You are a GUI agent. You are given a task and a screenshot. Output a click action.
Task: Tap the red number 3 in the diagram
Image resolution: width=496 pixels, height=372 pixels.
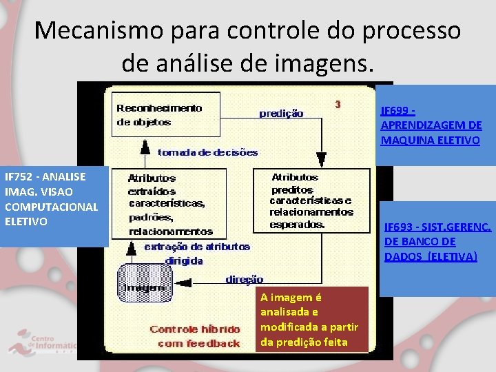click(338, 105)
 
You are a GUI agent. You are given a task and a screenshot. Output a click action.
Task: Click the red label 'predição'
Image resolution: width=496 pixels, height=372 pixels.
click(281, 113)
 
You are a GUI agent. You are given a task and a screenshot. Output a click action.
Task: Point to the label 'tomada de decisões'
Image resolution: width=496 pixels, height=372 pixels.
click(207, 152)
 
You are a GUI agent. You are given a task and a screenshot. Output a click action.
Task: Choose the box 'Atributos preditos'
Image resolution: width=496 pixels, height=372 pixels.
click(311, 200)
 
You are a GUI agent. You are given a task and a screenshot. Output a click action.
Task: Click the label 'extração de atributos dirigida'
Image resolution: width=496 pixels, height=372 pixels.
click(196, 254)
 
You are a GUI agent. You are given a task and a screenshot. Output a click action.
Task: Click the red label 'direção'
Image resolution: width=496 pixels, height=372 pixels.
click(245, 280)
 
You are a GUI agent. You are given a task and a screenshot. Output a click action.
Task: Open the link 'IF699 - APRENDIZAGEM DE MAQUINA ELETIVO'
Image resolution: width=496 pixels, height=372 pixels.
click(431, 125)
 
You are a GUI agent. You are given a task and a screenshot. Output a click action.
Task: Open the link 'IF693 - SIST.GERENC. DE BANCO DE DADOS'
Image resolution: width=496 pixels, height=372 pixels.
click(437, 241)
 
